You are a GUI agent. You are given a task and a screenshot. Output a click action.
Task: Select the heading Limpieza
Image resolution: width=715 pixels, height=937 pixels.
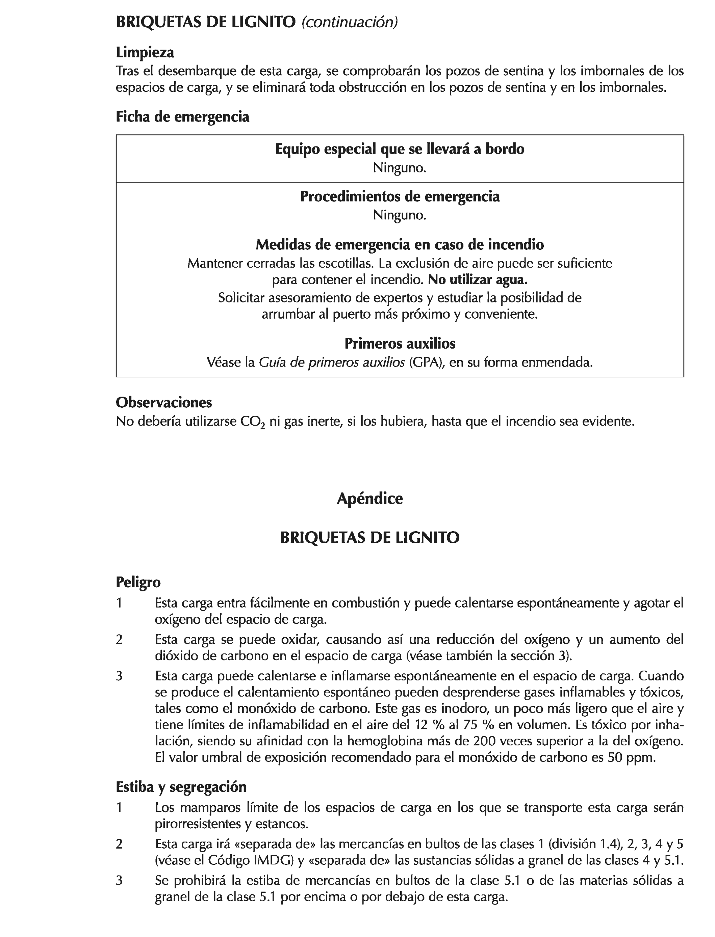point(145,53)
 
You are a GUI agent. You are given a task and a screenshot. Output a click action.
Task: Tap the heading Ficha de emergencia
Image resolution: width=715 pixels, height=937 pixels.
point(183,116)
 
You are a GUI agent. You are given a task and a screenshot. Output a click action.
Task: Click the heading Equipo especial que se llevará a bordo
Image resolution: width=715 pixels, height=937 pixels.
point(400,149)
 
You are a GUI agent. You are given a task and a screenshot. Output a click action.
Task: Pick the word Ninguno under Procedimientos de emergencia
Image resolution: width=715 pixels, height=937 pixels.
point(400,215)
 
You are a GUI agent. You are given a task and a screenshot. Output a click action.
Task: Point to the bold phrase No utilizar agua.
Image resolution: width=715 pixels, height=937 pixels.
point(478,280)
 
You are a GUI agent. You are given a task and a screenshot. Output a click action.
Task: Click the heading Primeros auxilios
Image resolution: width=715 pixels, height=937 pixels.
point(400,343)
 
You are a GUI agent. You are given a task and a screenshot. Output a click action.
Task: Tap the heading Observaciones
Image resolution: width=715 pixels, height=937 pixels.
point(164,402)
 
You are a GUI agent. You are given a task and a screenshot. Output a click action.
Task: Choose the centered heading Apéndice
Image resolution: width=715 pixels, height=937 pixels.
point(369,499)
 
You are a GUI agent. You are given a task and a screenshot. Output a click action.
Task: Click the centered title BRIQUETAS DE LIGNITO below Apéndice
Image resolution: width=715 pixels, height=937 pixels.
point(369,538)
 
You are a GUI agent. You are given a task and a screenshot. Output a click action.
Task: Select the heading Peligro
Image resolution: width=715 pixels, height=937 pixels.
point(138,582)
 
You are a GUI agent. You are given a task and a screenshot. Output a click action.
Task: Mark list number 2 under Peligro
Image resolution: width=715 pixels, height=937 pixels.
point(119,640)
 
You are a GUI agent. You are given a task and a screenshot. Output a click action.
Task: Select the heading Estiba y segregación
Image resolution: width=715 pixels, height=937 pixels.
point(181,787)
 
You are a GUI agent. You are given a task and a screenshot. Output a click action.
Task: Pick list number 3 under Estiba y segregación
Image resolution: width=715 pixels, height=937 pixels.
point(119,880)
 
